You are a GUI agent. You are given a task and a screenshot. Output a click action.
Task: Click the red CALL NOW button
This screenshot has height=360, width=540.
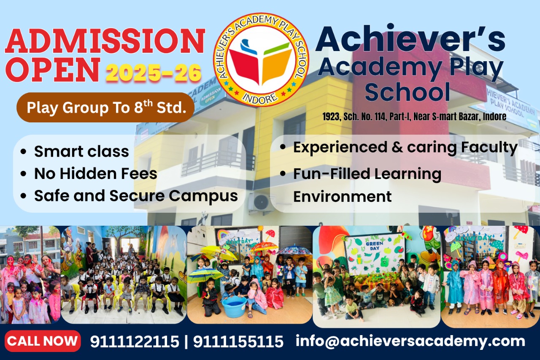point(43,341)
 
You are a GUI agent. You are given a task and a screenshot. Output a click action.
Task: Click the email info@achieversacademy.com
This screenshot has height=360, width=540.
point(410,341)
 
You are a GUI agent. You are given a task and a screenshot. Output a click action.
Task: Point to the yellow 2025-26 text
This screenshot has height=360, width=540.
point(154,73)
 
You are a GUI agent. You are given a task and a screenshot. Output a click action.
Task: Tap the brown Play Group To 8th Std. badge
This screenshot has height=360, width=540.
point(105,108)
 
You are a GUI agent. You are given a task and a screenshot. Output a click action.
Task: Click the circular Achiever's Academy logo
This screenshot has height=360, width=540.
point(261,59)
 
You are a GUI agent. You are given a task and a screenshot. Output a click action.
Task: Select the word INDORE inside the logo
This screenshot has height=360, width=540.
point(261,98)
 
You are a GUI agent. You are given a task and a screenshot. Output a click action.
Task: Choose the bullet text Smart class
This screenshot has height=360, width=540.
point(81,151)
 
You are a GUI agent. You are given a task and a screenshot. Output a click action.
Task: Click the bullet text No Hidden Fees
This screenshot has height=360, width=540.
point(95,173)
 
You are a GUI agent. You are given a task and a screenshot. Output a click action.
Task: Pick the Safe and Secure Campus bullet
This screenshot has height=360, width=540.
point(136,196)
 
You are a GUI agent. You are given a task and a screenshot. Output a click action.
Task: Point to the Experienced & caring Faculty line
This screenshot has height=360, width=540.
point(405,147)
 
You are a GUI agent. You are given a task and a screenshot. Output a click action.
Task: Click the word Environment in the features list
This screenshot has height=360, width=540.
point(342,196)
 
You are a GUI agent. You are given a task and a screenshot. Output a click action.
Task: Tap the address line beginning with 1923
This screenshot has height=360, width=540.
point(414,117)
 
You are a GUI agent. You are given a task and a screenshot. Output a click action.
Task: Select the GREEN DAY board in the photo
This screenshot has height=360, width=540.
point(375,254)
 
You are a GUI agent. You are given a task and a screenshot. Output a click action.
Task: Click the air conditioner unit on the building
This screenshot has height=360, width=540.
point(261,203)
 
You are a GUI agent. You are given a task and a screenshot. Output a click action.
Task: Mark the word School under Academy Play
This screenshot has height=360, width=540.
point(407,92)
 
